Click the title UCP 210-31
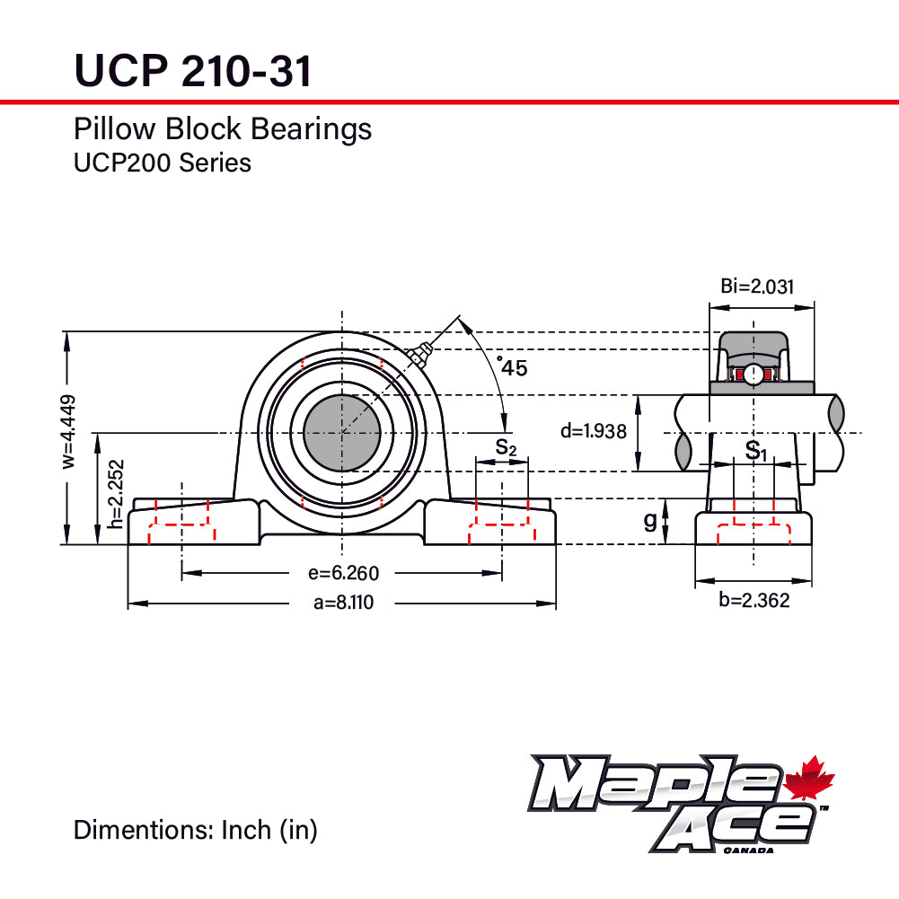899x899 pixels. tap(193, 70)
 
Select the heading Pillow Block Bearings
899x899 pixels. tap(222, 129)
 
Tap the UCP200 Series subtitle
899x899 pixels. tap(162, 163)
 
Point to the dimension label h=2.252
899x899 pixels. tap(115, 494)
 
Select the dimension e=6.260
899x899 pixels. tap(343, 573)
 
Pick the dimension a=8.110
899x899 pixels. tap(343, 603)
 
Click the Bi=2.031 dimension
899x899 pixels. tap(757, 286)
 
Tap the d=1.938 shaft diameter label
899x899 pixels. tap(594, 431)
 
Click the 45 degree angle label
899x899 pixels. tap(513, 366)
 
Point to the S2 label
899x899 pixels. tap(506, 447)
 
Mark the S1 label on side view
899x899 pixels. tap(756, 450)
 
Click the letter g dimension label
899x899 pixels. tap(650, 521)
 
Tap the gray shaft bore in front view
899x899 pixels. tap(342, 434)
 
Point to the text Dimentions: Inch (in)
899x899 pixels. tap(195, 830)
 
